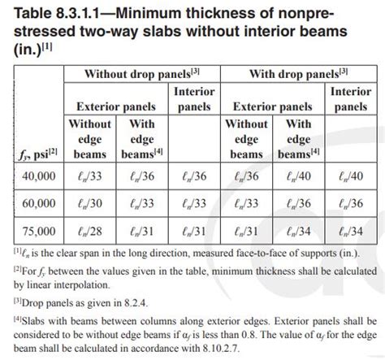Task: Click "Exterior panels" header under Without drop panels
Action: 116,106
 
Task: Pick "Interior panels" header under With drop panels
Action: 350,98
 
